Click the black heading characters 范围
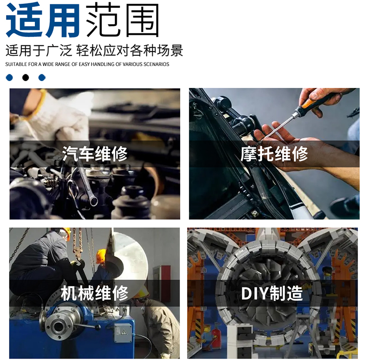click(123, 20)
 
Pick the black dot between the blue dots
click(26, 78)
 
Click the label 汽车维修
click(95, 154)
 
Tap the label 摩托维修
click(274, 154)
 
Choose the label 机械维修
click(95, 293)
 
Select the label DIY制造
click(272, 293)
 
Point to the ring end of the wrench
click(93, 200)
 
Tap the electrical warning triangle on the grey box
click(123, 332)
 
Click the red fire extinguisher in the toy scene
click(215, 336)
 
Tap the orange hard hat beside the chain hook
click(101, 257)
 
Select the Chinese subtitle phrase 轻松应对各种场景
click(130, 50)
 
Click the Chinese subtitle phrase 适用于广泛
click(39, 50)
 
